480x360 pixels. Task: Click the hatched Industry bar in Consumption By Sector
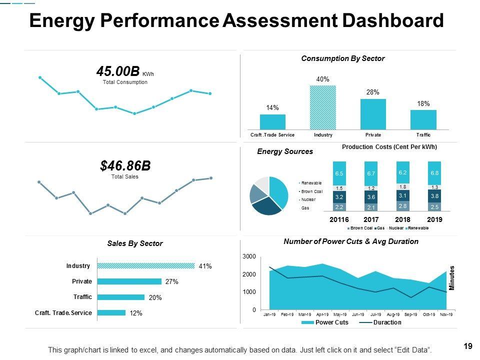[322, 107]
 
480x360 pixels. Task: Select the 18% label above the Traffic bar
[423, 104]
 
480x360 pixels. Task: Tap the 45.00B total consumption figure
[118, 72]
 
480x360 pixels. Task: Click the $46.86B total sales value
[125, 165]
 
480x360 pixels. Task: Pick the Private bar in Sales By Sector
[129, 281]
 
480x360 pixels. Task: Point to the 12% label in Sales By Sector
[136, 313]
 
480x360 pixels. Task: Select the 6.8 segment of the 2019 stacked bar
[434, 173]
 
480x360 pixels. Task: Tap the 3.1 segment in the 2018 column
[402, 195]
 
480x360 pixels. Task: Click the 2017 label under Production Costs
[371, 219]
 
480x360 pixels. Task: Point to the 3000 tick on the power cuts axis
[249, 256]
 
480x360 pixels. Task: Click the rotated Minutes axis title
[452, 278]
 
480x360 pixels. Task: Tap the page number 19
[468, 346]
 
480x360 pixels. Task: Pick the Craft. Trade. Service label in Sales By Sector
[63, 313]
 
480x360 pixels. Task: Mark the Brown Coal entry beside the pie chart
[312, 191]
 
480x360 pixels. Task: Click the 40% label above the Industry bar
[322, 79]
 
